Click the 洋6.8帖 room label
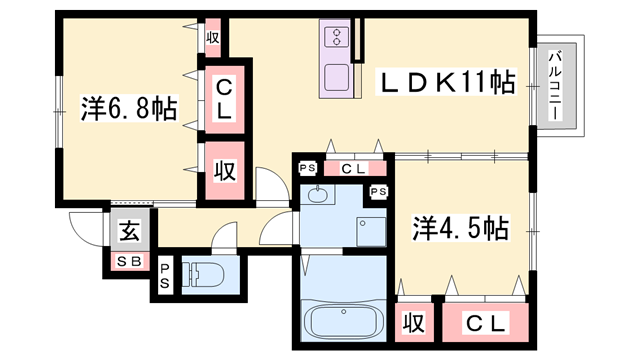[127, 107]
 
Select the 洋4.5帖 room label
[459, 229]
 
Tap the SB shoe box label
[129, 262]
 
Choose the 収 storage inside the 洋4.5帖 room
[411, 323]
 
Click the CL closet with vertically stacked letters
[224, 98]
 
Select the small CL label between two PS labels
[352, 168]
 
